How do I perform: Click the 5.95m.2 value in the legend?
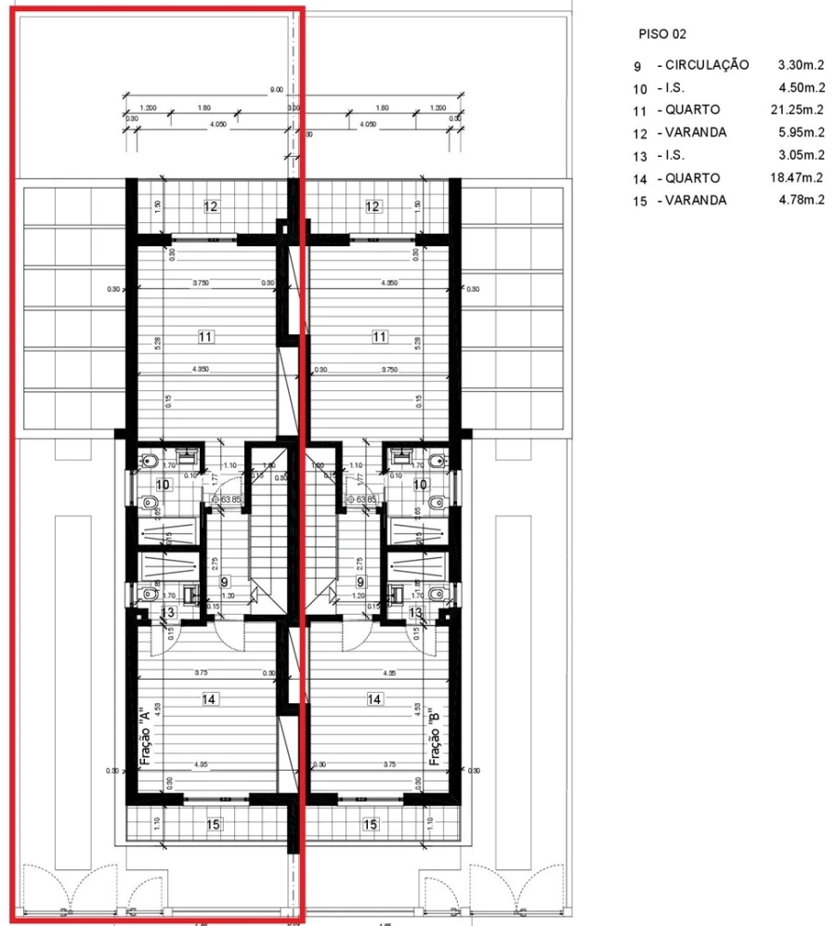802,133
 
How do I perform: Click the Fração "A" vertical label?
145,739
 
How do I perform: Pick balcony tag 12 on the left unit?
211,206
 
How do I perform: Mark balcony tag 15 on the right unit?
371,824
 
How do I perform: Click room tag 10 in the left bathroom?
163,485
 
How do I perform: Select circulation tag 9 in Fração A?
224,582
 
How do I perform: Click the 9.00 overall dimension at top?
276,90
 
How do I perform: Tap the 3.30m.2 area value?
802,66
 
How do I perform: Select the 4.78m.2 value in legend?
802,201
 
